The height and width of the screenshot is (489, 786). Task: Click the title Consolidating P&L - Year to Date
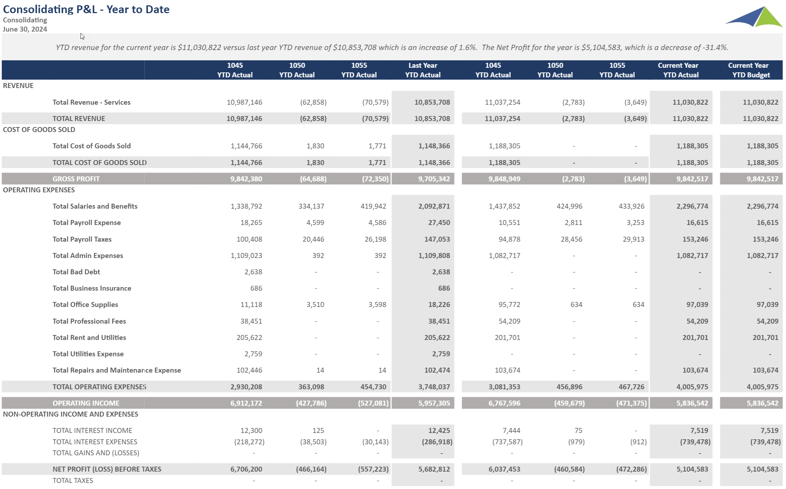pyautogui.click(x=86, y=9)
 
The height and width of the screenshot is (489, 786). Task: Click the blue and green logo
pyautogui.click(x=754, y=17)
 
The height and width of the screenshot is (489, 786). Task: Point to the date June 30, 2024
pyautogui.click(x=25, y=29)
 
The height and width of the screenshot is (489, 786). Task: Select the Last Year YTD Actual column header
pyautogui.click(x=423, y=70)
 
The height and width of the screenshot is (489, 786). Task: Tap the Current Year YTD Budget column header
pyautogui.click(x=749, y=70)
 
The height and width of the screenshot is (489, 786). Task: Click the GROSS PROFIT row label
pyautogui.click(x=76, y=179)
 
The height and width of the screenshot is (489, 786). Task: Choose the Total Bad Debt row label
pyautogui.click(x=76, y=272)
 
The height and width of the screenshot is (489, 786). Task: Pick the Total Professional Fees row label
pyautogui.click(x=89, y=321)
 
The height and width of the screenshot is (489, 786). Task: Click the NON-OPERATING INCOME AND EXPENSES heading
pyautogui.click(x=71, y=414)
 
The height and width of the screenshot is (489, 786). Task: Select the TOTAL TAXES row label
pyautogui.click(x=73, y=480)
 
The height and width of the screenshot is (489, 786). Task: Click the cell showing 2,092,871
pyautogui.click(x=434, y=206)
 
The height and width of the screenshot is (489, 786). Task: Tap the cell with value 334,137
pyautogui.click(x=311, y=206)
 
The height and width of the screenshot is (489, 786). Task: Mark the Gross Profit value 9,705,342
pyautogui.click(x=434, y=179)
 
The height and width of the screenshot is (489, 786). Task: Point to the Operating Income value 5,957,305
pyautogui.click(x=434, y=403)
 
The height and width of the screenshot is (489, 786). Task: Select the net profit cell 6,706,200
pyautogui.click(x=246, y=469)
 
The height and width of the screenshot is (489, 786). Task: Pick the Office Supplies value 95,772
pyautogui.click(x=509, y=304)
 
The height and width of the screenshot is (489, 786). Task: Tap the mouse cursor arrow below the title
pyautogui.click(x=82, y=36)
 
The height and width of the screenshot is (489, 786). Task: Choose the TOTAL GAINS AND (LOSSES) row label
pyautogui.click(x=96, y=453)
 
